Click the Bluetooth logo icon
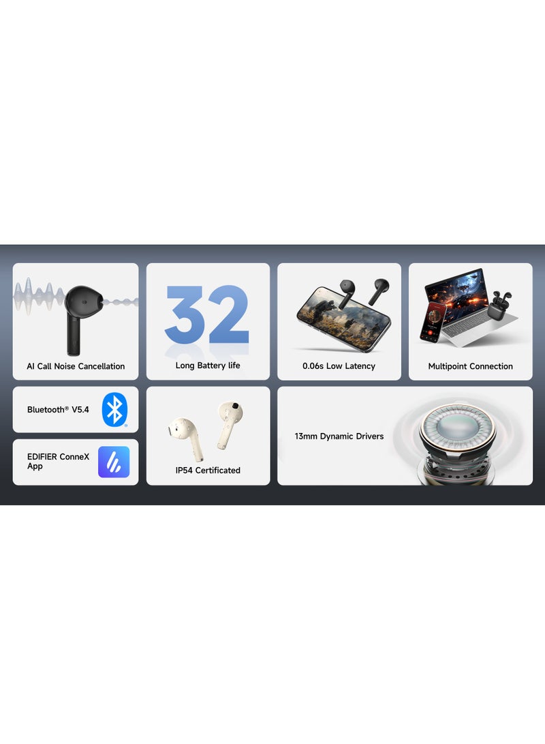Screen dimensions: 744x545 (114, 410)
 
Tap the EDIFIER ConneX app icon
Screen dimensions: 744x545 (114, 462)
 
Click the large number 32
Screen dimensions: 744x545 (207, 314)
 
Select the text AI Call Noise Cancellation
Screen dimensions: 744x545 (76, 366)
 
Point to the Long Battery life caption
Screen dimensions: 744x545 (208, 366)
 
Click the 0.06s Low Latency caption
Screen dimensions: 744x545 (339, 366)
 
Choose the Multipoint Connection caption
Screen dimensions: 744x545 (470, 366)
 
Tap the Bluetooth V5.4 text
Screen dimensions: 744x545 (58, 410)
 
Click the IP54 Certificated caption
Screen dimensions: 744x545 (208, 470)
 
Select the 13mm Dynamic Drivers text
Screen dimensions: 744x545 (339, 436)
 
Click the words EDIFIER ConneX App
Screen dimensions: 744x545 (58, 461)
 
